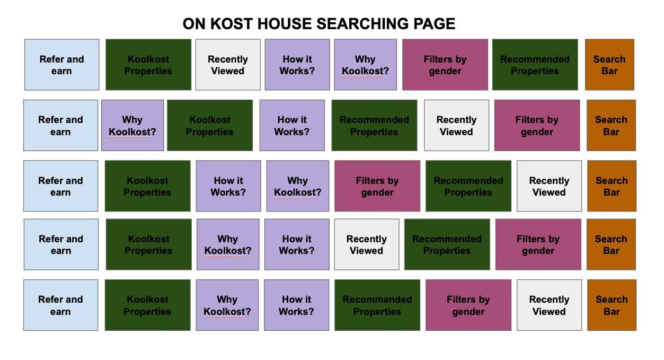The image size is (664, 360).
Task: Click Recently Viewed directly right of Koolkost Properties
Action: pyautogui.click(x=228, y=65)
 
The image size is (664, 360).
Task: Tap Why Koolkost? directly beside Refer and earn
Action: pyautogui.click(x=132, y=126)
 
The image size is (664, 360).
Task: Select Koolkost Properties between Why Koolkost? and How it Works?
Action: pyautogui.click(x=210, y=126)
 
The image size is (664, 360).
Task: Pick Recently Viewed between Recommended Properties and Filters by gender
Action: pyautogui.click(x=456, y=126)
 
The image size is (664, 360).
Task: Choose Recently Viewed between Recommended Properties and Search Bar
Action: pyautogui.click(x=549, y=186)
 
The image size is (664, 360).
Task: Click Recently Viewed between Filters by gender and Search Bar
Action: pyautogui.click(x=549, y=305)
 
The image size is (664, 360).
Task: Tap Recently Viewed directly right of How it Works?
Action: pyautogui.click(x=366, y=244)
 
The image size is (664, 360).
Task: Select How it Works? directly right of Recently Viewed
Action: pyautogui.click(x=297, y=65)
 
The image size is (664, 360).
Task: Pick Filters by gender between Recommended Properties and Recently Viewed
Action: pyautogui.click(x=468, y=305)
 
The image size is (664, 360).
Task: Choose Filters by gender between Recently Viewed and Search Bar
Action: pyautogui.click(x=537, y=126)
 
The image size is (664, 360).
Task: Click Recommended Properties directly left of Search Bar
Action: pyautogui.click(x=535, y=65)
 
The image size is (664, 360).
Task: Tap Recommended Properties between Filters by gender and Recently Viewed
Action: pyautogui.click(x=468, y=186)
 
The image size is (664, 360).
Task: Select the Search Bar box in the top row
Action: pyautogui.click(x=609, y=65)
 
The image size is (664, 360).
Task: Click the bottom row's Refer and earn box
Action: pyautogui.click(x=60, y=305)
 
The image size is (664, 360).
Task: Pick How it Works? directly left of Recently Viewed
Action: pyautogui.click(x=297, y=244)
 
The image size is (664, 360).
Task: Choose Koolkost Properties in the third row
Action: pyautogui.click(x=147, y=186)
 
